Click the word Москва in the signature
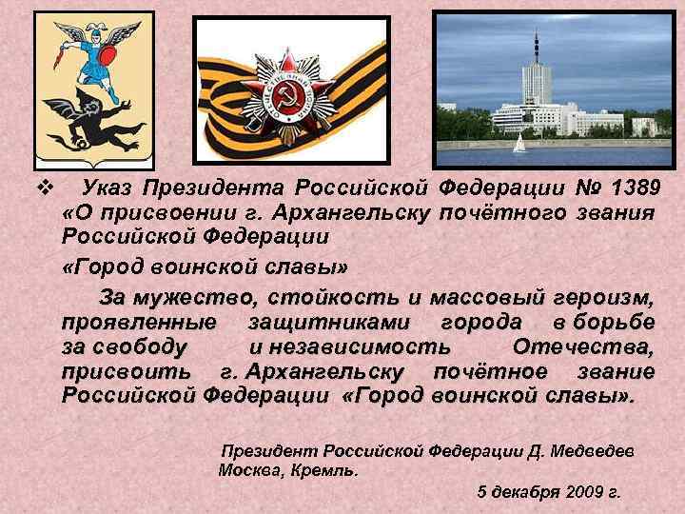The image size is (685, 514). (246, 469)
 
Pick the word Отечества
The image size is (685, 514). (582, 346)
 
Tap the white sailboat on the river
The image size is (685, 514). (519, 144)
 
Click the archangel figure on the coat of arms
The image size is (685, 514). (89, 51)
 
